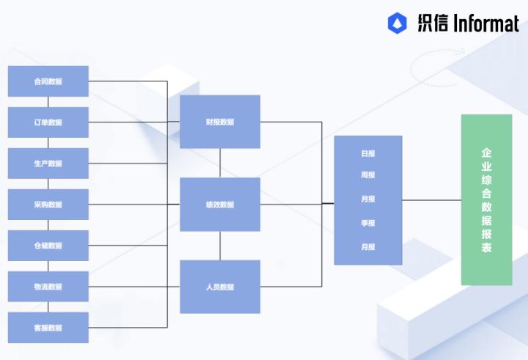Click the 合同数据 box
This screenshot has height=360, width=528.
coord(48,81)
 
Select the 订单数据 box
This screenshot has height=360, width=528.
coord(48,122)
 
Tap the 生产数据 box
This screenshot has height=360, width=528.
coord(48,164)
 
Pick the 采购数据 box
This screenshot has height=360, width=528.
coord(48,205)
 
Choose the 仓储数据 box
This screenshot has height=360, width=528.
coord(48,246)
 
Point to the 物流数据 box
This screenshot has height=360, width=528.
coord(48,287)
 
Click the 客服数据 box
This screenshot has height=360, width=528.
coord(48,328)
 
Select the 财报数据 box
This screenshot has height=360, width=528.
coord(220,122)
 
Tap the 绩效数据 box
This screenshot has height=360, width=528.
coord(220,205)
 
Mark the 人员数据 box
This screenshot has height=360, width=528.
coord(220,287)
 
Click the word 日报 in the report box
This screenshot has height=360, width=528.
coord(368,154)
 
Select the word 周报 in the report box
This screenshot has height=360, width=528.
coord(368,175)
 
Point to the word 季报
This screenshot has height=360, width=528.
coord(368,223)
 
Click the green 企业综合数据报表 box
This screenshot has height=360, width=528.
coord(486,200)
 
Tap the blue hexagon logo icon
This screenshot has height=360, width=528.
coord(397,23)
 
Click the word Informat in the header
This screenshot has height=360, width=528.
coord(485,23)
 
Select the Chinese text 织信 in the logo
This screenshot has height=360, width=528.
coord(433,23)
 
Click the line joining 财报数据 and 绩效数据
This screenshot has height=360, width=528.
coord(220,163)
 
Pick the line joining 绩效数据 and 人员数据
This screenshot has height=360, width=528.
coord(220,246)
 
